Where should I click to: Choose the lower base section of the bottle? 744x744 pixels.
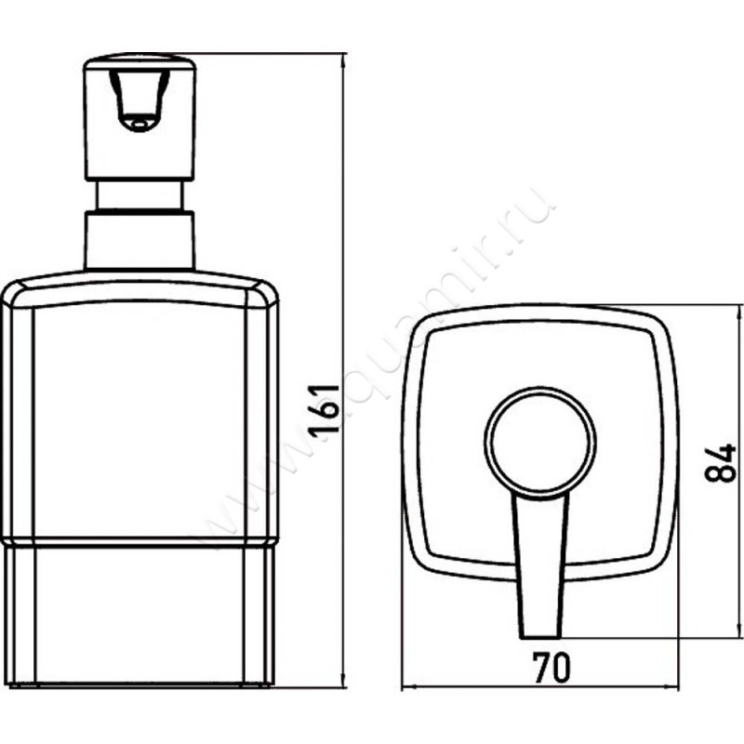coord(139,614)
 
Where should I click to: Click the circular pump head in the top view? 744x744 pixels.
coord(538,437)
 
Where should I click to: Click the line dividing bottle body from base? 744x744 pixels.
coord(139,543)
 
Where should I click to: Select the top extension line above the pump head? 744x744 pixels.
coord(270,54)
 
